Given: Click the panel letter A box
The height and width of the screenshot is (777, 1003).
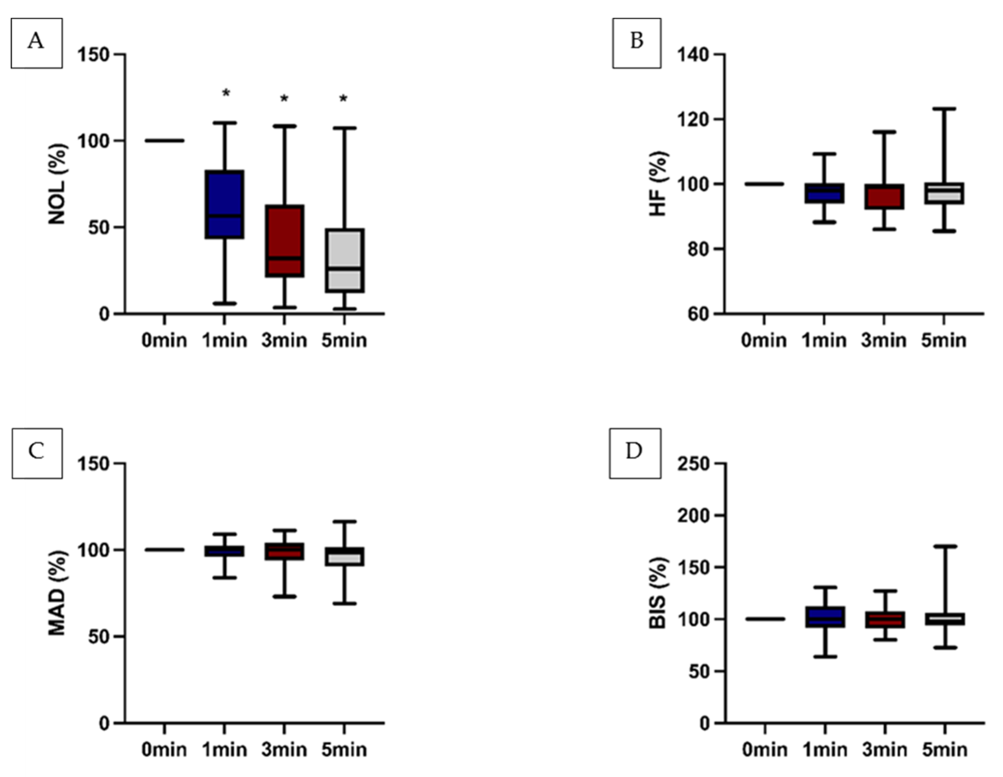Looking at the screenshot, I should (x=36, y=43).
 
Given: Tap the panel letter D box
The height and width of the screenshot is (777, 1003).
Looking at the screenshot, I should (x=635, y=453).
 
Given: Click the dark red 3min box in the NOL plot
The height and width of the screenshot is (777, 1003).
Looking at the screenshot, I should (x=285, y=241).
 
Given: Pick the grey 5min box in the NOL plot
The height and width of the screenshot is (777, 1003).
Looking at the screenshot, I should (x=344, y=260).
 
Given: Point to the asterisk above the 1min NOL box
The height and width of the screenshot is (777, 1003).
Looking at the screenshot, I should (x=226, y=94).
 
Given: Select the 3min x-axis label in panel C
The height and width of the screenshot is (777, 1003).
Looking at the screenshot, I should (x=284, y=750).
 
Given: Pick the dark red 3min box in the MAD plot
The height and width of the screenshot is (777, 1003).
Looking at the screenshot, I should (x=285, y=551).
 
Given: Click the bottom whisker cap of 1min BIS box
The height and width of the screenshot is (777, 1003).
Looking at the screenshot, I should (x=825, y=657).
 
